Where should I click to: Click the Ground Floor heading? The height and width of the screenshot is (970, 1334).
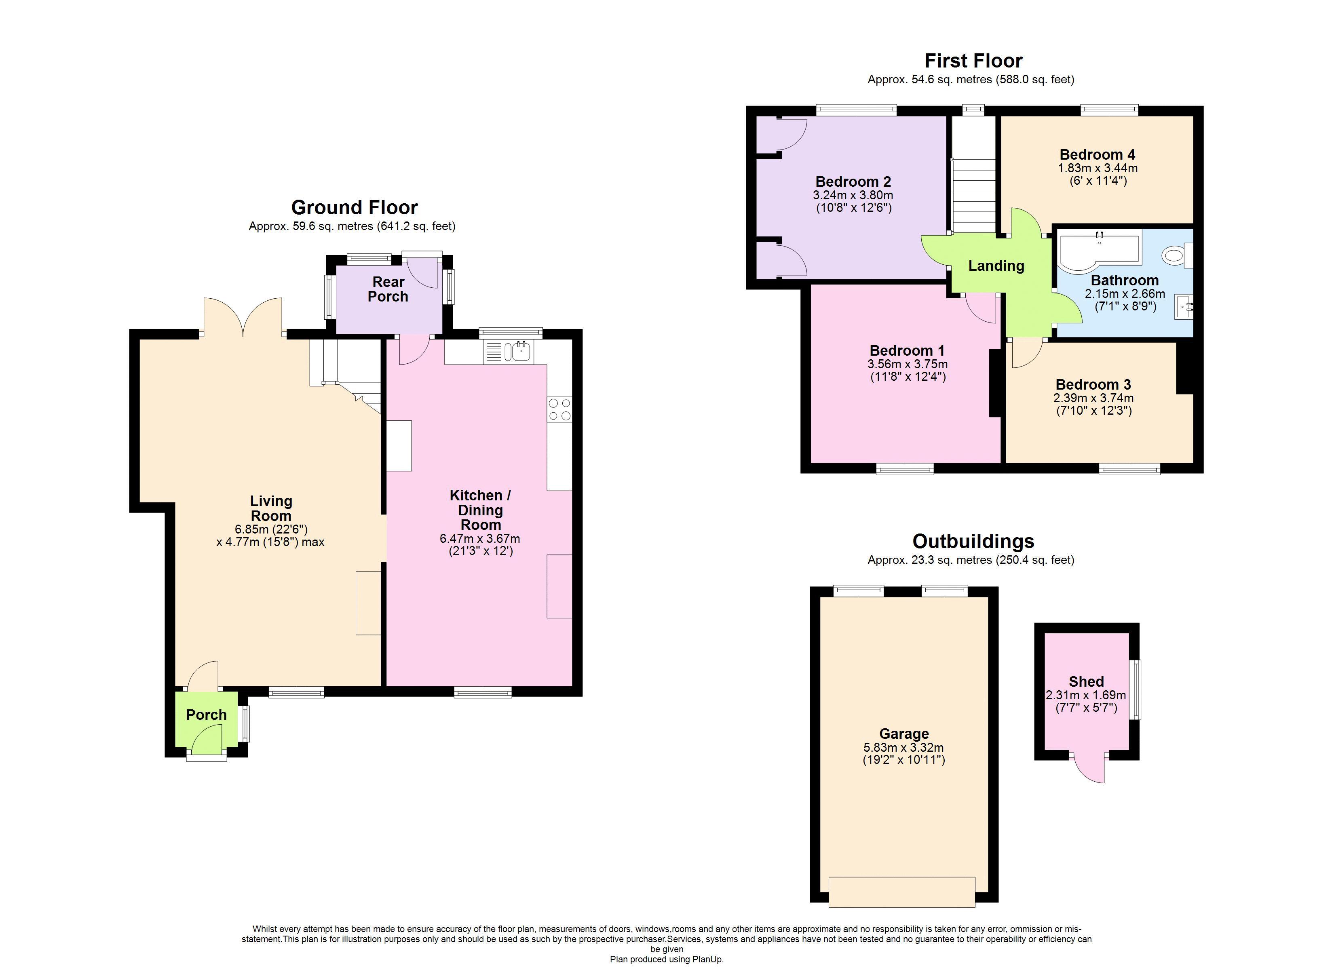pyautogui.click(x=354, y=208)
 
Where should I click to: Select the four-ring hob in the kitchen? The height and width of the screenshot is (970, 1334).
pyautogui.click(x=559, y=409)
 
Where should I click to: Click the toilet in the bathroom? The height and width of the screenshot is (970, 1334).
pyautogui.click(x=1174, y=255)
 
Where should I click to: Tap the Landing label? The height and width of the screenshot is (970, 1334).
pyautogui.click(x=996, y=266)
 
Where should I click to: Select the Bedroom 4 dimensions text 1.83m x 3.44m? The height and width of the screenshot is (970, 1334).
pyautogui.click(x=1098, y=168)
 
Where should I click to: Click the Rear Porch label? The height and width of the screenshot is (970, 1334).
pyautogui.click(x=388, y=289)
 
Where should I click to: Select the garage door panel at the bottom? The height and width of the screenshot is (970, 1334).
pyautogui.click(x=902, y=892)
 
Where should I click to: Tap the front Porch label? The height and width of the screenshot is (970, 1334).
pyautogui.click(x=207, y=715)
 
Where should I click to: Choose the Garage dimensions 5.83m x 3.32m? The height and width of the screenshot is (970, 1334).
pyautogui.click(x=903, y=748)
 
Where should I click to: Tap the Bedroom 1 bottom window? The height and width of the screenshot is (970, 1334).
pyautogui.click(x=905, y=469)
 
